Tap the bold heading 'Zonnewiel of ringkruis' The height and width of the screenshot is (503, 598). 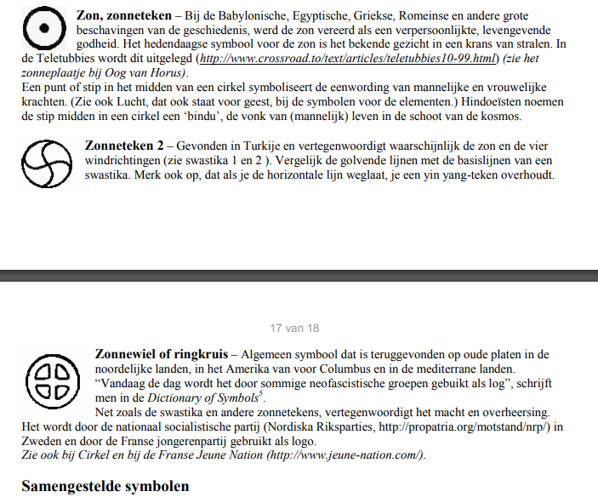(x=162, y=353)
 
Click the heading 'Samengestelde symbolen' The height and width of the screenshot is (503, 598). (x=105, y=486)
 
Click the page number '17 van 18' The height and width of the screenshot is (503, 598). (x=294, y=328)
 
